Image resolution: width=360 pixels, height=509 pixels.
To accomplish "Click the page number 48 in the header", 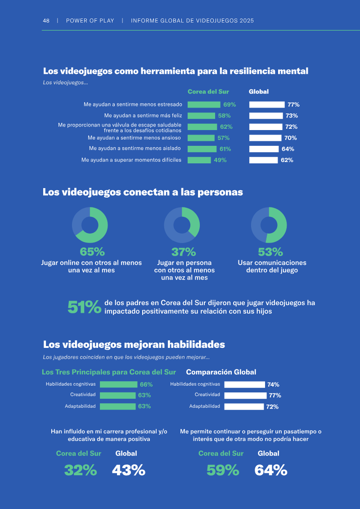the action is pos(46,20).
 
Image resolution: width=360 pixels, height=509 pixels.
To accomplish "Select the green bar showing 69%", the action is pos(204,104).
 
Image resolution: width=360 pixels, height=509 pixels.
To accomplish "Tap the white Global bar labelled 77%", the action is pos(267,104).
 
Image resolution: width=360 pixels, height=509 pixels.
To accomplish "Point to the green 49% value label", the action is pos(220,160).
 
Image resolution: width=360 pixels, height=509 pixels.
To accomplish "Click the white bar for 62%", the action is pos(264,160).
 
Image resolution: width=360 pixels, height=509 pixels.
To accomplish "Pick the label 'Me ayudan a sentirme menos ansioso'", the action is pos(134,138).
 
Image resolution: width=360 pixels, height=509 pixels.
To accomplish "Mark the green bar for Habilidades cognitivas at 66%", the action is pos(118,384).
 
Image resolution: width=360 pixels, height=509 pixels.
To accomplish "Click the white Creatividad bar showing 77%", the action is pos(245,396).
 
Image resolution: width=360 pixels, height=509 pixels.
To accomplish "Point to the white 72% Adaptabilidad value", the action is pos(272,407).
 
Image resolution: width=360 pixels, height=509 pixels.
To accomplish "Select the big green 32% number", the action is pos(81,470).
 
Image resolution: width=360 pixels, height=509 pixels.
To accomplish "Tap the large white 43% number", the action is pos(129,470).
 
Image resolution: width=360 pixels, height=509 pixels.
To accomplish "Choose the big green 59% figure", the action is pos(223,470).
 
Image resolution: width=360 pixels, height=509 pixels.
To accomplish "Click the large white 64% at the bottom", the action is pos(271,470).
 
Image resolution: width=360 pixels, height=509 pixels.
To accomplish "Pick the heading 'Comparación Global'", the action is pos(221,372).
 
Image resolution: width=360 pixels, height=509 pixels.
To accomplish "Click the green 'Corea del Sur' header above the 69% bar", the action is pos(208,91).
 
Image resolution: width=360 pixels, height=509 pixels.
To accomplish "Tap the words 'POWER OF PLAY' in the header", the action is pos(90,20).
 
